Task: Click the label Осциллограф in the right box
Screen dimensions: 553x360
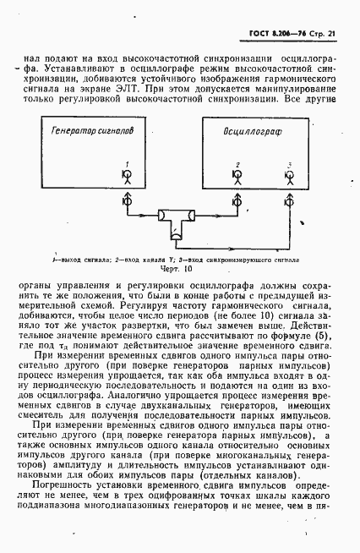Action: [250, 133]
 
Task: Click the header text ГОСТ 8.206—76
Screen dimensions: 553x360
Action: [273, 33]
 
